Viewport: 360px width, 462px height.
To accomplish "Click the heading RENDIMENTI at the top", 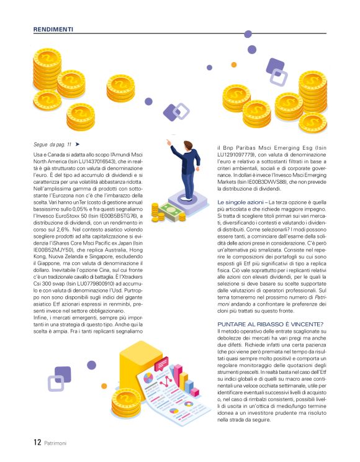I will (53, 29).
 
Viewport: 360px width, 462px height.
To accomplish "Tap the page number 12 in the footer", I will (37, 443).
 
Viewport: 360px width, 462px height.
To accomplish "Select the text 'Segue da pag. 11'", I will (53, 144).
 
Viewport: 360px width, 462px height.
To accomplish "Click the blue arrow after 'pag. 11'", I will (78, 144).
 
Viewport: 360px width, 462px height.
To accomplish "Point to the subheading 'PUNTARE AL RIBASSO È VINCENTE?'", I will (270, 324).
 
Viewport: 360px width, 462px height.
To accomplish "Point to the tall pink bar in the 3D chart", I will (184, 376).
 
